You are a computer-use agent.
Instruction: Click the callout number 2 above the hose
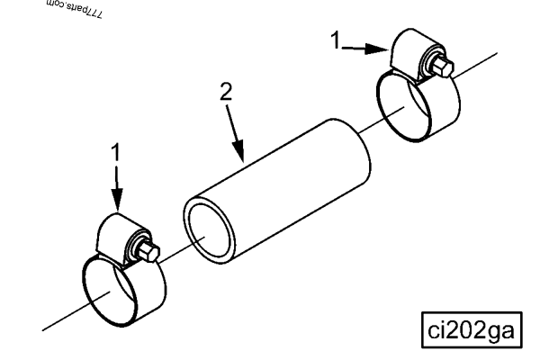[226, 93]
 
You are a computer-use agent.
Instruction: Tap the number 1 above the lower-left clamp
[115, 154]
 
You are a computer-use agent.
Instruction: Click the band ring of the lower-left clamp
[118, 292]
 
